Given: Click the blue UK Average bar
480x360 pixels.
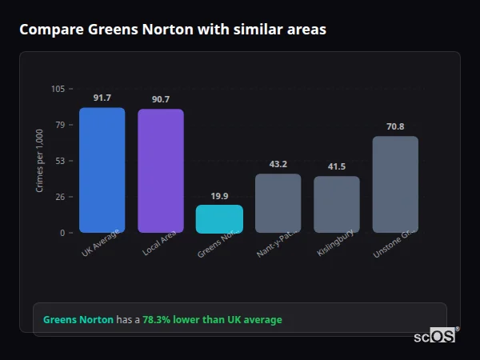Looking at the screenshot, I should (x=102, y=170).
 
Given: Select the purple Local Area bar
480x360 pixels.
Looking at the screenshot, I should (x=160, y=171).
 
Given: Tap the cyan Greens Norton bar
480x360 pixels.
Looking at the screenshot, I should (x=219, y=219).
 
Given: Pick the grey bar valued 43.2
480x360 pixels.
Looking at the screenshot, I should (x=278, y=203).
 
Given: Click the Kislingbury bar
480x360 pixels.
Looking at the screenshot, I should (x=336, y=205).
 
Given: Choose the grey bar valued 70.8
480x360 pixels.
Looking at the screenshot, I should (x=395, y=185).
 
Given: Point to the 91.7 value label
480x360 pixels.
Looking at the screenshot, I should (x=102, y=98).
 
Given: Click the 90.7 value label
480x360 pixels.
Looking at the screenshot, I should (x=160, y=99).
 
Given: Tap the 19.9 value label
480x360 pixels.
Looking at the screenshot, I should (x=219, y=195).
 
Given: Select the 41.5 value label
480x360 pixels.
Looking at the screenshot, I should (x=336, y=166).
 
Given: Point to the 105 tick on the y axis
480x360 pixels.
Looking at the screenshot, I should (x=58, y=89).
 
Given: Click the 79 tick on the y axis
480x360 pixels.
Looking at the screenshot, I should (x=60, y=125).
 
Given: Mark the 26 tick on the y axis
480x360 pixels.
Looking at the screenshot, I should (x=60, y=197).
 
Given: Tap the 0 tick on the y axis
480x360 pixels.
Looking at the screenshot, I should (x=62, y=233).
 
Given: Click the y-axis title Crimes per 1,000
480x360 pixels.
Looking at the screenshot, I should (x=40, y=160).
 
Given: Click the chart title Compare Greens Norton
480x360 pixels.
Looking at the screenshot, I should (x=173, y=30).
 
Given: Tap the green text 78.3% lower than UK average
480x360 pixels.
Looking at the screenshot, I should (x=212, y=319).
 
